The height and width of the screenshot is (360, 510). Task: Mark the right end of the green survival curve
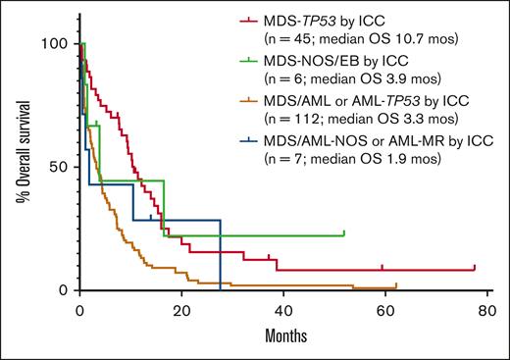pos(344,234)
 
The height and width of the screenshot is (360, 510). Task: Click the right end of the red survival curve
pos(474,268)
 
